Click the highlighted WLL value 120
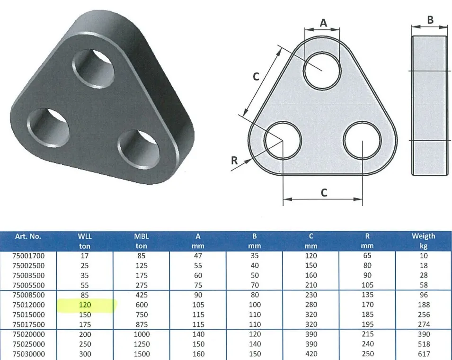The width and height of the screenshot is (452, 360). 85,305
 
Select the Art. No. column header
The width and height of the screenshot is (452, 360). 28,236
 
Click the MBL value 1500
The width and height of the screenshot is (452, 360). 142,354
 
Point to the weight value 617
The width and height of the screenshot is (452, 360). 423,354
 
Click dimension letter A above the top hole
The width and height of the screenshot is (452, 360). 323,22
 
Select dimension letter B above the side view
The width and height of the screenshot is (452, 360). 430,19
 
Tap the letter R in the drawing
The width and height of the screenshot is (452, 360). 234,161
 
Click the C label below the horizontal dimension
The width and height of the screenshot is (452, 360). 323,193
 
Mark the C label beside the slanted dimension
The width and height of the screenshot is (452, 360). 256,76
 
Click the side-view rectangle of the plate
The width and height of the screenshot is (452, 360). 429,105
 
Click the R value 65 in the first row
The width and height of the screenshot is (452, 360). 367,256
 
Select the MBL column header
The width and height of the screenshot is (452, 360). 142,236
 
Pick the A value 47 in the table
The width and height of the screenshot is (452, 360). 198,256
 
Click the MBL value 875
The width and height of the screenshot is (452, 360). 142,324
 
